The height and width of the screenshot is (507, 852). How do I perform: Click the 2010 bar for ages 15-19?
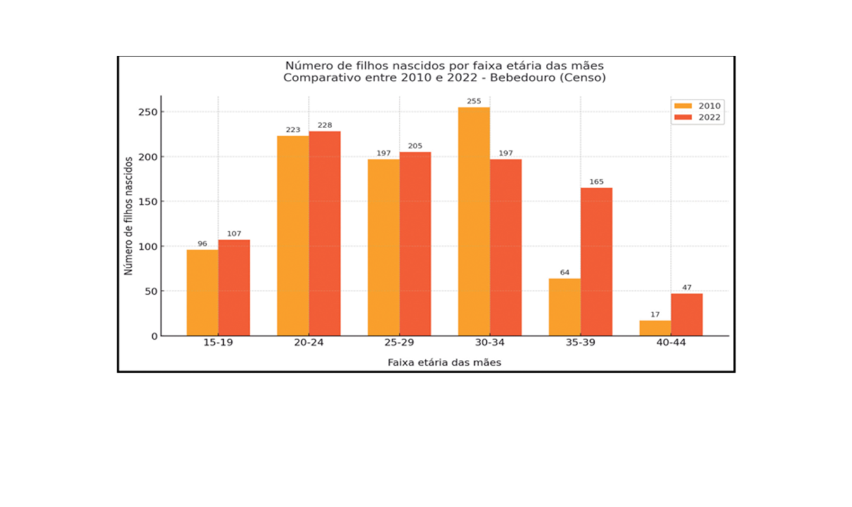(202, 293)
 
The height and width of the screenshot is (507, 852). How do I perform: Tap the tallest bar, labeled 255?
(474, 222)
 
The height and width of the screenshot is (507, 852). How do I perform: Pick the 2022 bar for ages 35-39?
(597, 262)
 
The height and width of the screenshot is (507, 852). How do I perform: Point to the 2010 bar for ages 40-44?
(655, 328)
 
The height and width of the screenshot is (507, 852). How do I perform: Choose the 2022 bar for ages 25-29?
(415, 244)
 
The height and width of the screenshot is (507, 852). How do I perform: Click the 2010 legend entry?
(698, 106)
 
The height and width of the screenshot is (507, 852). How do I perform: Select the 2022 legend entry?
(698, 117)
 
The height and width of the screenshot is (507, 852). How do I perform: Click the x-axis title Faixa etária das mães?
(444, 363)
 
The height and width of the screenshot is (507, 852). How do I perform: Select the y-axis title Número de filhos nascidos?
(129, 215)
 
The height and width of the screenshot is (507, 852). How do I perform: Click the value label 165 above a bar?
(597, 182)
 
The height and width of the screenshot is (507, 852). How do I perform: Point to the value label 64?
(565, 273)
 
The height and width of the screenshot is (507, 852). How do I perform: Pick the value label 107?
(234, 234)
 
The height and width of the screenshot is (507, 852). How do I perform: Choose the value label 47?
(687, 288)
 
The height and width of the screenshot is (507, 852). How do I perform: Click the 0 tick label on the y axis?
(153, 336)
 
